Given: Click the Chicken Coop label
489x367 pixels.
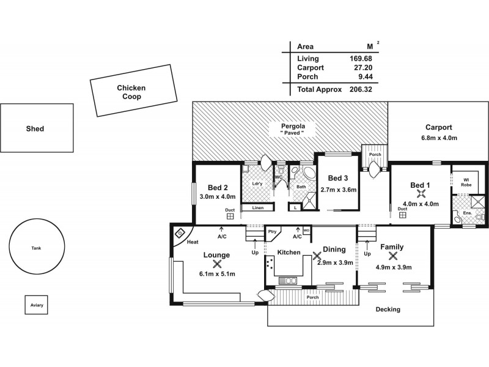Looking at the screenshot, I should coord(131,92).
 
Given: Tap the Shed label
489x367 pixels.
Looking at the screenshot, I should coord(35,129).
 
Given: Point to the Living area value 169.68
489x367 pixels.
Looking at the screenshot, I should coord(361,59).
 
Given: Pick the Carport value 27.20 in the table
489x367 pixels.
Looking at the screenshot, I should coord(362,68).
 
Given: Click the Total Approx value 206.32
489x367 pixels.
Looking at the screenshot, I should coord(360,89).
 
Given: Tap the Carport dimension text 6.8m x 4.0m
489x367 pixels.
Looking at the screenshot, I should coord(438,138).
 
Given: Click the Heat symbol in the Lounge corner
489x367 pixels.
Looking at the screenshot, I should coord(181,233).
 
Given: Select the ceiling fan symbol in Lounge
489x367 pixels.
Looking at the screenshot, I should coord(216,264).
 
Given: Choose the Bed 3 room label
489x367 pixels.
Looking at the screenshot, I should coord(337,178).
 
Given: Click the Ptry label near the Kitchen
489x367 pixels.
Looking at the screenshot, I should coord(272,232).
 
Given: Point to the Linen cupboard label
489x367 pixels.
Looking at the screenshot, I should coord(257,208).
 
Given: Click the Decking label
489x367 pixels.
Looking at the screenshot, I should coord(388,310).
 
